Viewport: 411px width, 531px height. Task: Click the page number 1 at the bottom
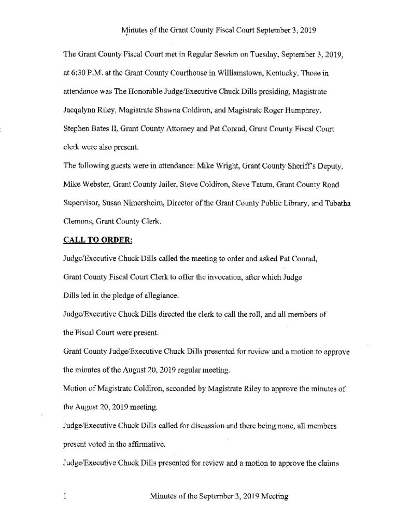pos(64,496)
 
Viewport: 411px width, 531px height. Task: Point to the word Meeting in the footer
pos(272,496)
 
